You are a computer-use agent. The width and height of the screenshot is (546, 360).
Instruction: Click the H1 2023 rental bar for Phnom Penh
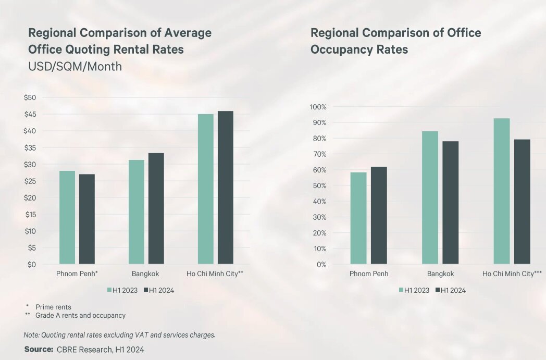[67, 217]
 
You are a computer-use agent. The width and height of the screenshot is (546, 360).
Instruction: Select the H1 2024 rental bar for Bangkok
[156, 208]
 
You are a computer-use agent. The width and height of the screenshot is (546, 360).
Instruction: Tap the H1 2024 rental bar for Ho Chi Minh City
[225, 188]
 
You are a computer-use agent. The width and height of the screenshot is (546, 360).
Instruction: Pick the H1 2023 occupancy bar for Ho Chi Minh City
[501, 191]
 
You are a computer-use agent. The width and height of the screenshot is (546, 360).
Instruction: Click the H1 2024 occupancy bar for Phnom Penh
[379, 216]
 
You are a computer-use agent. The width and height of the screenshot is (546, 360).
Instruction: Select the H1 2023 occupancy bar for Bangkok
[430, 198]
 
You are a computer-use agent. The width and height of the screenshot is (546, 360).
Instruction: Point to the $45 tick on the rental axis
[30, 114]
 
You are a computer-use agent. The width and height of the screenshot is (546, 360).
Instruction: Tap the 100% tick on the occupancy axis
[318, 107]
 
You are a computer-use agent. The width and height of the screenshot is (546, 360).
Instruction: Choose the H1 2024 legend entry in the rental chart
[159, 290]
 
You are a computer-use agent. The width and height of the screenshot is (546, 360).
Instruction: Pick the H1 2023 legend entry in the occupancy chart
[414, 290]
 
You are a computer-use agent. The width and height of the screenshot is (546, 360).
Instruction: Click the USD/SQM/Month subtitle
[75, 66]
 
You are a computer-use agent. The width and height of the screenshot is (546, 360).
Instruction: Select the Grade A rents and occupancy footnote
[80, 315]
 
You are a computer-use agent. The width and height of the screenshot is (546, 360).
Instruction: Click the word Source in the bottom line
[39, 349]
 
